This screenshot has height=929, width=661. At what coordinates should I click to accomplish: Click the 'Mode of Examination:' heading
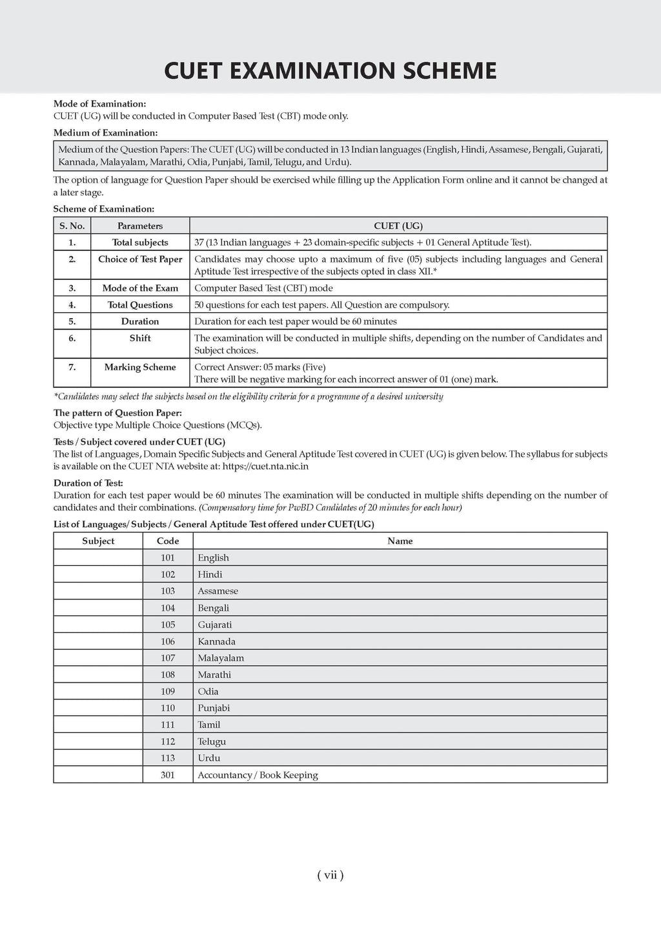tap(99, 104)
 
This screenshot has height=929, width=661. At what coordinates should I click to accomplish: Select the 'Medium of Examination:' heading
tap(105, 133)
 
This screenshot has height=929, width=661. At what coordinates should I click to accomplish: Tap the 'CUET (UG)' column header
tap(398, 226)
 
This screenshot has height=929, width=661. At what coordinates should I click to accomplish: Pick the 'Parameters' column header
tap(140, 226)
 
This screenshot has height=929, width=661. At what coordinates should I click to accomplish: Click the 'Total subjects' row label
tap(140, 243)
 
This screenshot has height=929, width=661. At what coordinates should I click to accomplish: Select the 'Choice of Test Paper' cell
tap(140, 259)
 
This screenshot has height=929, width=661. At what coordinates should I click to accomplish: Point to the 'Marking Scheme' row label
tap(140, 367)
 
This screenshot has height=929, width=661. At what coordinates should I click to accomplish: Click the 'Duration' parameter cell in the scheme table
tap(140, 321)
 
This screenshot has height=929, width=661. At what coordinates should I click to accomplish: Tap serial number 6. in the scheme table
tap(72, 338)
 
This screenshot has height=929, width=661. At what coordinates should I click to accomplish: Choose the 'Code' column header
tap(168, 541)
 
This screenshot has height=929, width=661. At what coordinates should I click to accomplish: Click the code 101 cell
tap(168, 558)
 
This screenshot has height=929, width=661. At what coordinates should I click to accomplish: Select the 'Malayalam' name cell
tap(221, 658)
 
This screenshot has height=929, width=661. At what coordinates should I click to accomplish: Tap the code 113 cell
tap(168, 758)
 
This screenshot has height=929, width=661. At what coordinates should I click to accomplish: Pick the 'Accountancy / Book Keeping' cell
tap(258, 775)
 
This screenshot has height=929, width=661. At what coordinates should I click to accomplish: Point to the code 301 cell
tap(168, 775)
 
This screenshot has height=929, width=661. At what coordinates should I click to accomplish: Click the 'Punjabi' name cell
tap(214, 708)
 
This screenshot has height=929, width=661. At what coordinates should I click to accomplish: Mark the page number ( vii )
tap(330, 875)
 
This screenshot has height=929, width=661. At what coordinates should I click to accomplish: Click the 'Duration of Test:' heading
tap(88, 483)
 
